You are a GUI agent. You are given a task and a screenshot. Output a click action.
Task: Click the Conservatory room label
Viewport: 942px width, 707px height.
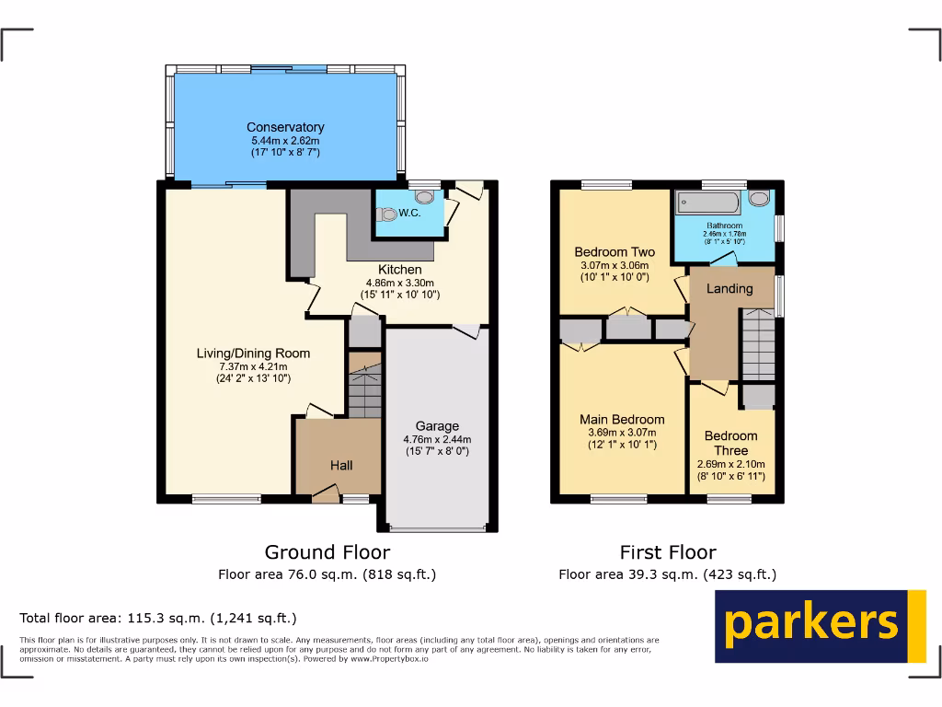pos(285,127)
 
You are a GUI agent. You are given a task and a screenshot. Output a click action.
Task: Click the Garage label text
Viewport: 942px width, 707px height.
pos(437,426)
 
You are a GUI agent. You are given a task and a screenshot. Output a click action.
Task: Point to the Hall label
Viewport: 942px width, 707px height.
pos(341,466)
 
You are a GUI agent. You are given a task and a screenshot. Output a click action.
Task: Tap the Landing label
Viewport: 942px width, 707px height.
pos(729,288)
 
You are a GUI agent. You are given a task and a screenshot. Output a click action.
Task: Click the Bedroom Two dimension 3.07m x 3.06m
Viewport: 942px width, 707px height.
pos(615,265)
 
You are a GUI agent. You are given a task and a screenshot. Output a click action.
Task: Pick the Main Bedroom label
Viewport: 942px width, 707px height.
pos(622,420)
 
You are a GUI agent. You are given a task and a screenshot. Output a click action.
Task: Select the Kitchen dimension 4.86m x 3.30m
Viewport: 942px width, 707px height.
pos(400,283)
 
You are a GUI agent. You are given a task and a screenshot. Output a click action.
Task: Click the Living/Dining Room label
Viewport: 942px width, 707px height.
pos(253,353)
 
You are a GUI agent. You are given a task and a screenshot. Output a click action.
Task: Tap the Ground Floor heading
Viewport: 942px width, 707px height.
pos(327,552)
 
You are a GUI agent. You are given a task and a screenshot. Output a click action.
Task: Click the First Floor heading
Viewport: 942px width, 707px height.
pos(667,552)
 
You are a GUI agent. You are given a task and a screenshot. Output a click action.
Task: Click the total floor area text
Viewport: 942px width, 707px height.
pos(158,618)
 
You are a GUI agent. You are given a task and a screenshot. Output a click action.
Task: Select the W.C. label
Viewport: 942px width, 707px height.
pos(409,214)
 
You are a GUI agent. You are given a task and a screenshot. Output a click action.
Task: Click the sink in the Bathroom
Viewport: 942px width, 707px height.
pos(759,198)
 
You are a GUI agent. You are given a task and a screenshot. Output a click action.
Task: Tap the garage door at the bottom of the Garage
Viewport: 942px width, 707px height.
pos(437,528)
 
